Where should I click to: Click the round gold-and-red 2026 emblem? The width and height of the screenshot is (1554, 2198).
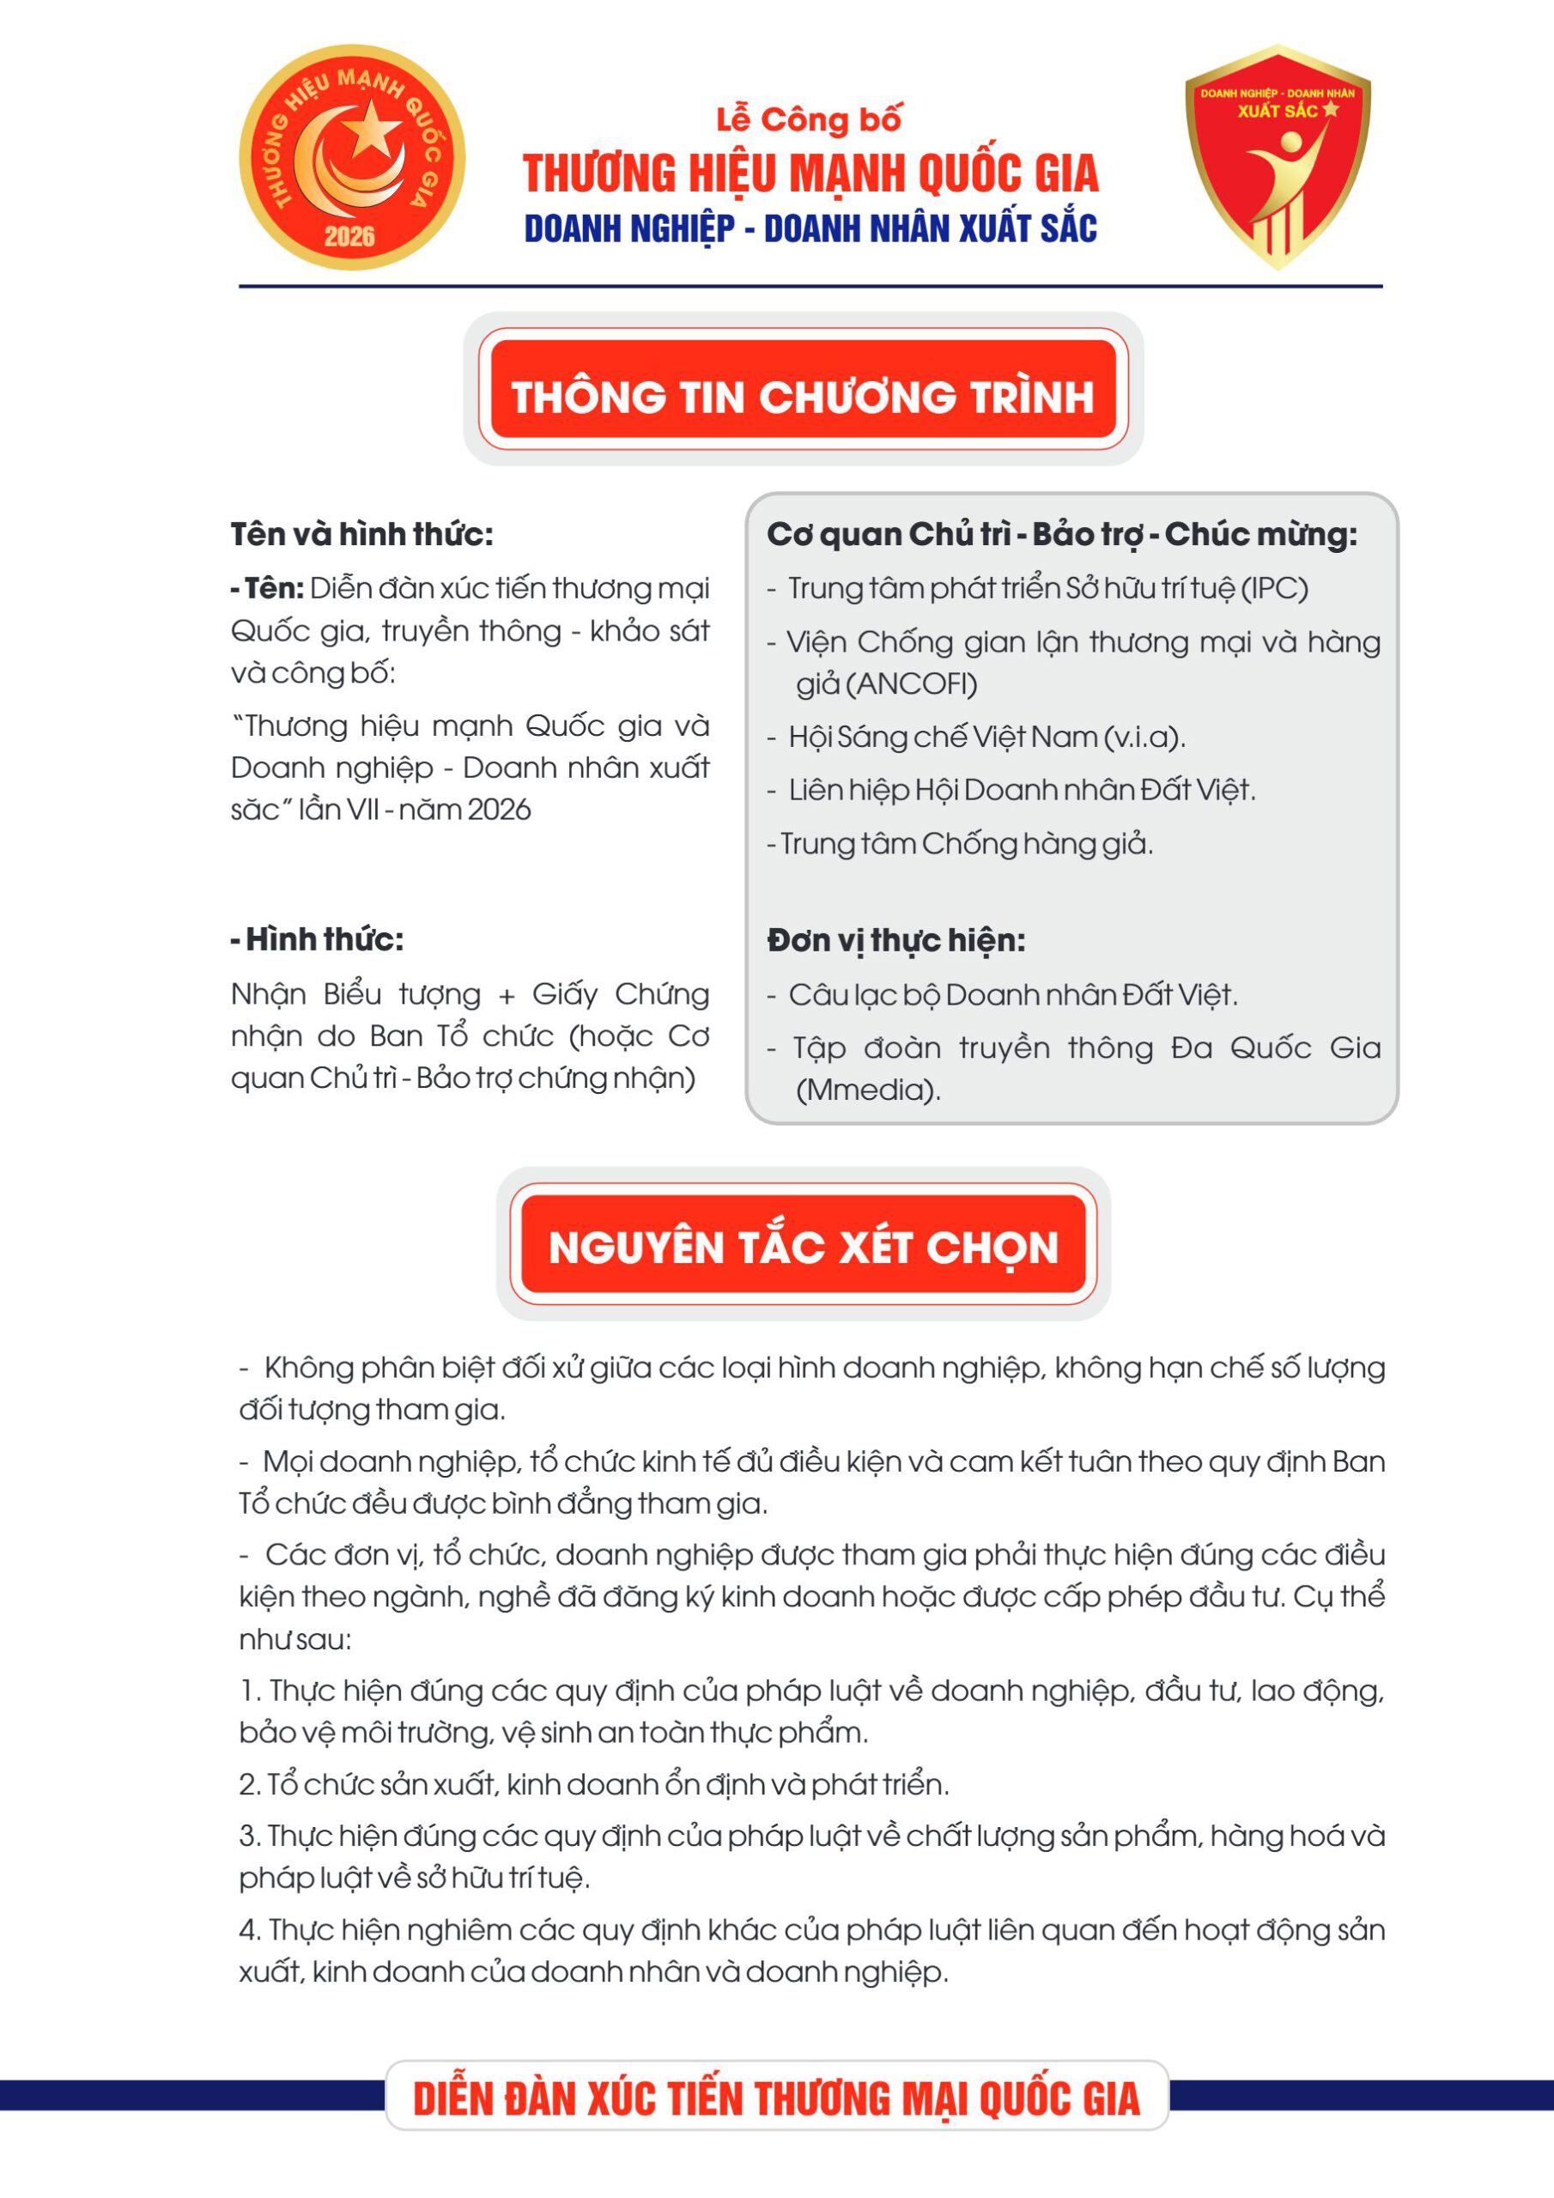point(351,157)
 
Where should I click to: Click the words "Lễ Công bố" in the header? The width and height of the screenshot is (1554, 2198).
point(809,119)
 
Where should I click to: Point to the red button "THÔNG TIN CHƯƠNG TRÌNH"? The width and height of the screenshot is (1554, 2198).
point(803,395)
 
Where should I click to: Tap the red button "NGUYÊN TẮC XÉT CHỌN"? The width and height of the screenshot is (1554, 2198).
point(803,1248)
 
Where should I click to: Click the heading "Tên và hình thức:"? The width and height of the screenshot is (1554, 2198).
point(362,534)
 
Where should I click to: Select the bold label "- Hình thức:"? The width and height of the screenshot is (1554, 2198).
point(317,939)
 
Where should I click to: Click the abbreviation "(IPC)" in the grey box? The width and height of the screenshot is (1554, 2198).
point(1273,588)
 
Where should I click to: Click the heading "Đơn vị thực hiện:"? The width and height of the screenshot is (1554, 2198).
point(895,940)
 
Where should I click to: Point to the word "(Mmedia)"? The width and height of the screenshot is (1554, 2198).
point(867,1090)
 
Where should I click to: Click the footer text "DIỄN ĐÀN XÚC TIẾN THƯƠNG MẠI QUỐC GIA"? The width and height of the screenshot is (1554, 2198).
point(776,2098)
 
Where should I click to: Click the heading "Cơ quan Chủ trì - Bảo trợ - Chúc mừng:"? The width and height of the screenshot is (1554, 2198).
point(1061,534)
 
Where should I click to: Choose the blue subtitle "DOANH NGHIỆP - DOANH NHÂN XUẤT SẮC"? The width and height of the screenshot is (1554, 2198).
point(810,228)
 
